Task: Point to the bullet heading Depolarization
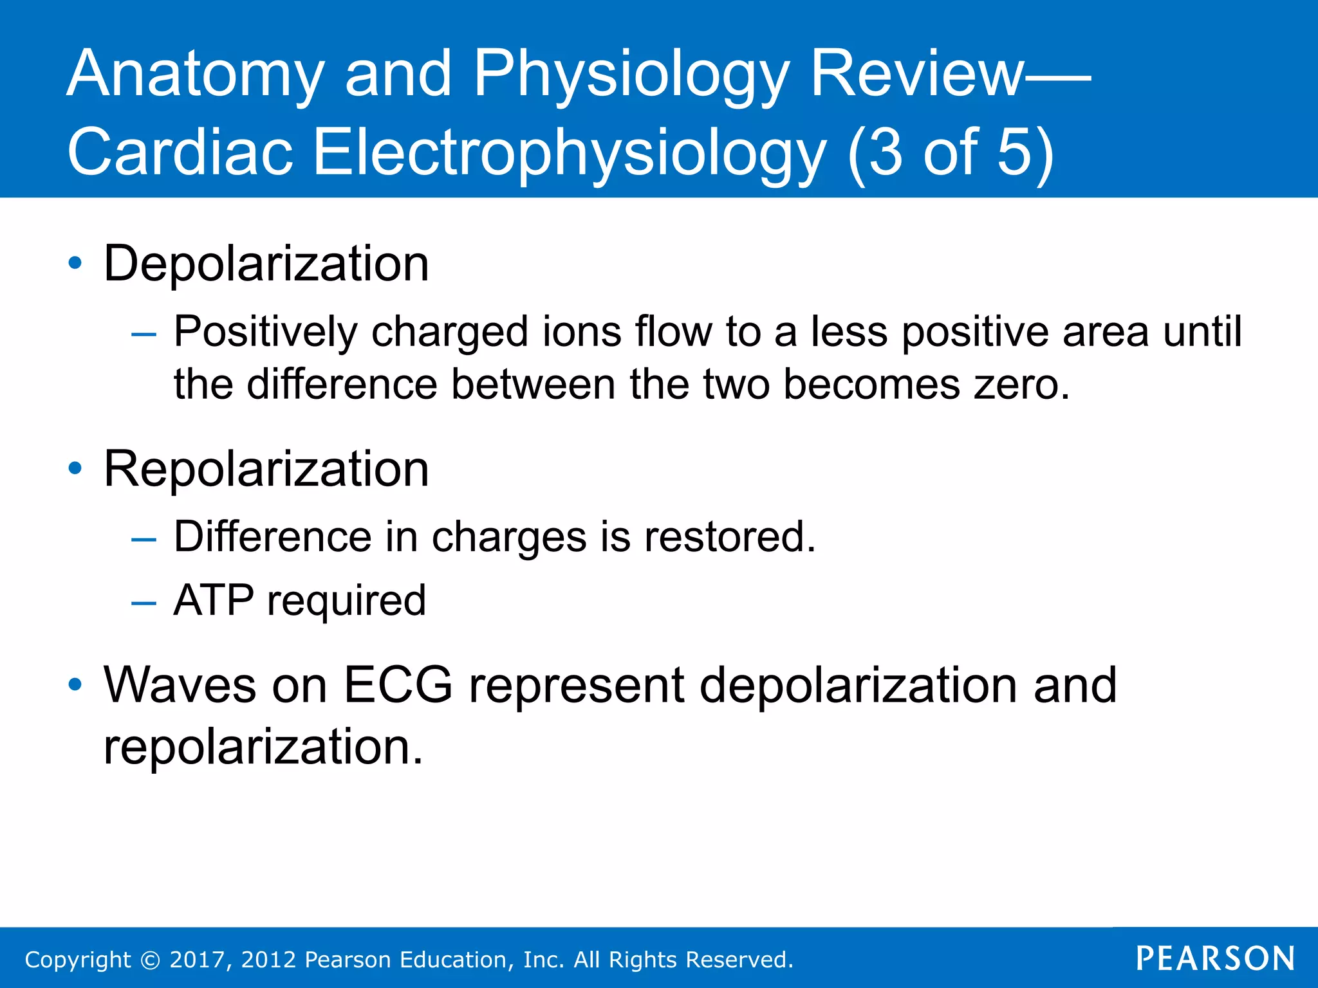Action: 266,264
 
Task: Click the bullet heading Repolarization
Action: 266,470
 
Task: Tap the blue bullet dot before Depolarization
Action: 75,263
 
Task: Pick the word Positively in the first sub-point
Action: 266,333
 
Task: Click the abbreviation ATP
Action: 214,601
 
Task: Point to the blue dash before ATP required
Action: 144,603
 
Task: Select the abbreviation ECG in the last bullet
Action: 398,686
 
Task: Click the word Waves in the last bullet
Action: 180,686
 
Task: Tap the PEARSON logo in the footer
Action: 1215,958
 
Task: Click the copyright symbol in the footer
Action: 150,960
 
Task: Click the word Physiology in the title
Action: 631,76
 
